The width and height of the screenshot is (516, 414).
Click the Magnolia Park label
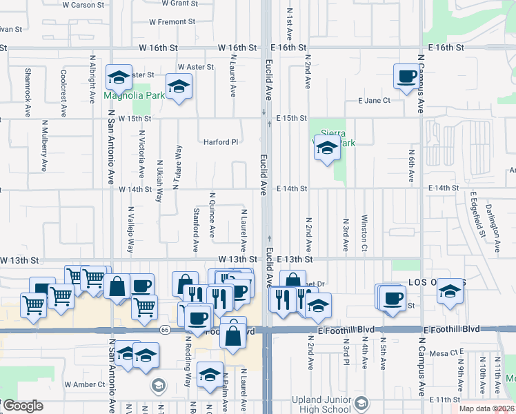pos(135,96)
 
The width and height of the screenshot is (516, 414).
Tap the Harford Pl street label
pos(220,142)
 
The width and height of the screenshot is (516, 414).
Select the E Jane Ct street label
pos(375,101)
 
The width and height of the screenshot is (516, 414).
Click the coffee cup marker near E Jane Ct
pos(406,76)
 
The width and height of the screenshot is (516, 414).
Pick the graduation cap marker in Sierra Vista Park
pos(328,148)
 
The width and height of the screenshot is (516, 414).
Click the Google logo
pos(23,406)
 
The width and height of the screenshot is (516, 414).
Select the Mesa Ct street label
pos(449,352)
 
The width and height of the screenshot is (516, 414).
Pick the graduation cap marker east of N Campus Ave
pos(450,291)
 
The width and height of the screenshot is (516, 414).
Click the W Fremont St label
pos(168,22)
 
